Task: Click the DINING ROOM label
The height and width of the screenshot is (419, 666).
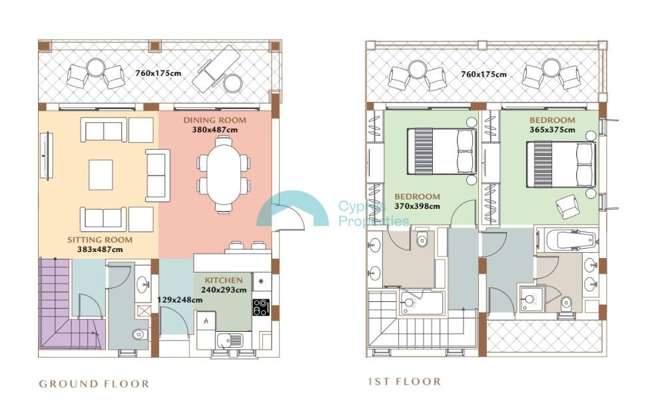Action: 214,120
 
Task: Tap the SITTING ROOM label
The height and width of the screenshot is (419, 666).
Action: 100,239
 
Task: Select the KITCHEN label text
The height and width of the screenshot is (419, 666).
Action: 224,280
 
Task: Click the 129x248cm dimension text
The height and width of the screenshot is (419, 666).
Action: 180,300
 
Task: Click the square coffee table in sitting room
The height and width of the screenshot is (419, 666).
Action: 101,175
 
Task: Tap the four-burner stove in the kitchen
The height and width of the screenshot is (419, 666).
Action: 261,307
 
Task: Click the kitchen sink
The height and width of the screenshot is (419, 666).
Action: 229,341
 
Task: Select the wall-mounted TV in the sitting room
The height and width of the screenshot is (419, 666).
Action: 47,156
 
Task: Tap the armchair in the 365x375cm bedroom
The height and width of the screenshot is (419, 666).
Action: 568,207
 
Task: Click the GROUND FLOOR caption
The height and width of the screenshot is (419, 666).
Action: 94,384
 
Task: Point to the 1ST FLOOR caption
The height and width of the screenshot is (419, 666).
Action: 404,381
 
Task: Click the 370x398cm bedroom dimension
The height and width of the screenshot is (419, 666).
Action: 417,207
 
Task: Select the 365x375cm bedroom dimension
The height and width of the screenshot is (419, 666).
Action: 552,130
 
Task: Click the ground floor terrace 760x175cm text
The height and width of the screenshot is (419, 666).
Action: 159,73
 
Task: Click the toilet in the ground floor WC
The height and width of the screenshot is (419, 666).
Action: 139,335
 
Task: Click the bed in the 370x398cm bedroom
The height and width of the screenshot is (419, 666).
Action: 442,152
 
